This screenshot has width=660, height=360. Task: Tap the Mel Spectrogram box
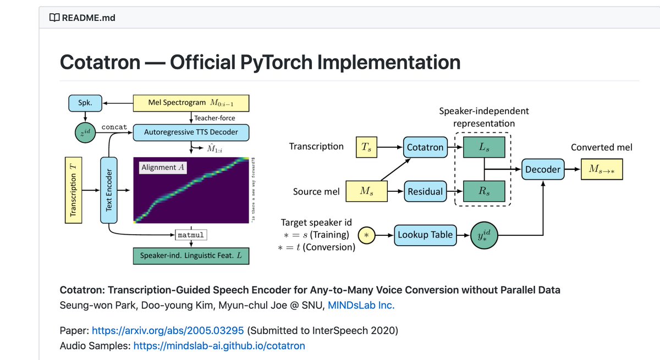click(x=191, y=103)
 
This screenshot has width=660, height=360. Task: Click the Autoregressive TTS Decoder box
click(x=191, y=132)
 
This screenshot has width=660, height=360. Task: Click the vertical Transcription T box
click(x=73, y=190)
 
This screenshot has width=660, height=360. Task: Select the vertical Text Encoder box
click(x=109, y=190)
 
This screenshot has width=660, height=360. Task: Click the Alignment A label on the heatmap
click(x=162, y=168)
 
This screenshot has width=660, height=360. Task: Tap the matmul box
click(x=190, y=235)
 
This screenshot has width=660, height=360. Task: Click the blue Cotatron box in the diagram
click(x=424, y=147)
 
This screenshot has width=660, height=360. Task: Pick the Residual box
click(x=424, y=191)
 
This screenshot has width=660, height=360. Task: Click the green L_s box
click(x=484, y=147)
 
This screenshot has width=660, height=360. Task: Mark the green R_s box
click(x=484, y=191)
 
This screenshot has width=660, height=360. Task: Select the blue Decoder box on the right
click(x=542, y=169)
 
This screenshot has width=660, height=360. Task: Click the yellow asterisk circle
click(x=367, y=235)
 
